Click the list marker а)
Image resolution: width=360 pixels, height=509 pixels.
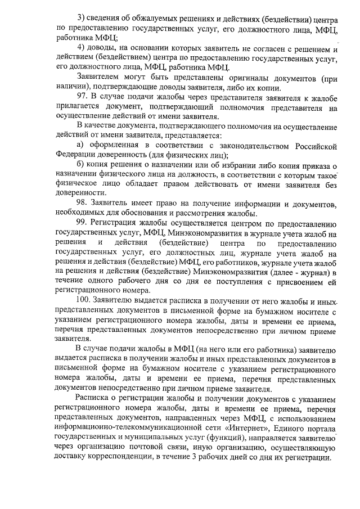[x=81, y=146]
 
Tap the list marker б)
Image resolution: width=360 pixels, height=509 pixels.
[x=81, y=164]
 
